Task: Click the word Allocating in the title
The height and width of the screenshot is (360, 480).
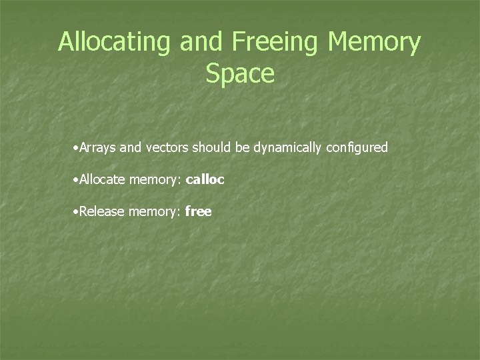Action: [115, 43]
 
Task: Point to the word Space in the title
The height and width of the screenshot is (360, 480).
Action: [240, 73]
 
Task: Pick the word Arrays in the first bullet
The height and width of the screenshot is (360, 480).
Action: [99, 147]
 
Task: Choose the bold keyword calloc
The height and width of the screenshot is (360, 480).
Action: [205, 179]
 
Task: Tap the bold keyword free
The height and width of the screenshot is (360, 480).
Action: [199, 212]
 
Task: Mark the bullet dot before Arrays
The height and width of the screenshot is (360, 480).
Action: [77, 148]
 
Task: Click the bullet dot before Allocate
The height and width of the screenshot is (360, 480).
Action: [77, 180]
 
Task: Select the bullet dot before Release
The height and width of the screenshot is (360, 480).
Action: [77, 213]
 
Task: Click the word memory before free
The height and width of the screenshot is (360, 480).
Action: [153, 213]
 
